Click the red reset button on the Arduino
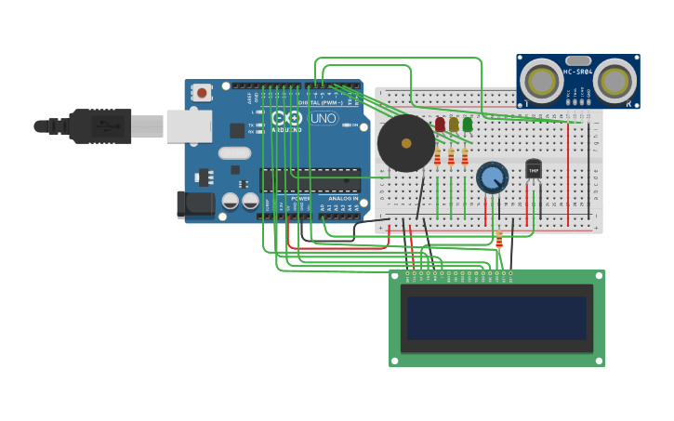click(202, 92)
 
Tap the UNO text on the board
click(324, 118)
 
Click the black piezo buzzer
click(406, 143)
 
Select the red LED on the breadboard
click(440, 125)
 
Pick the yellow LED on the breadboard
click(454, 125)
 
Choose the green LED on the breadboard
click(468, 125)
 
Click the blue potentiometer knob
click(492, 175)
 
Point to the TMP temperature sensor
click(533, 169)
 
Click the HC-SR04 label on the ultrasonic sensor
click(577, 72)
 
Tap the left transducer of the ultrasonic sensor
click(540, 81)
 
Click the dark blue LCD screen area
click(496, 318)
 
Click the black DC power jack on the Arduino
click(194, 204)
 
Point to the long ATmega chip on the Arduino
click(310, 180)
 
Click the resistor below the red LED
click(438, 158)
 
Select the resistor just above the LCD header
click(499, 241)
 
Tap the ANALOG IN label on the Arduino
click(342, 198)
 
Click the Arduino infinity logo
click(286, 118)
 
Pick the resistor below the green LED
click(465, 158)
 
